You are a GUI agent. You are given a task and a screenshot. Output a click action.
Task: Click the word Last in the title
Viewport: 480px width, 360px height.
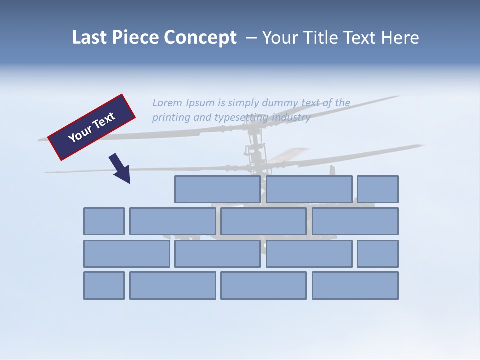(89, 38)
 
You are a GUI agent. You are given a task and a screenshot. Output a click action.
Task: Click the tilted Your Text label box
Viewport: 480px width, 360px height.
(92, 127)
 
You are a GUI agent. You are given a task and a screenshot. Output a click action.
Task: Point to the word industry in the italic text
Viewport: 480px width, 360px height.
(291, 118)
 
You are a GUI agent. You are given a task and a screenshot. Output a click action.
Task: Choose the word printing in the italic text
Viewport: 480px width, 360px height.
(171, 118)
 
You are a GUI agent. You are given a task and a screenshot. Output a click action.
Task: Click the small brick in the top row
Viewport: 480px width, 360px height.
(378, 189)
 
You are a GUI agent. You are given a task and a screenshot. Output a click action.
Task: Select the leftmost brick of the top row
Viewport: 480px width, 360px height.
(217, 189)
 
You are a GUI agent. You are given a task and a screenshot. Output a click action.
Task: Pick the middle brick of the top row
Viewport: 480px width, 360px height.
(309, 189)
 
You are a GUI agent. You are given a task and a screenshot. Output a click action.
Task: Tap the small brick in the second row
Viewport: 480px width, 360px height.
(104, 221)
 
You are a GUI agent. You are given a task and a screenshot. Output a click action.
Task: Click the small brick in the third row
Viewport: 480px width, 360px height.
(378, 254)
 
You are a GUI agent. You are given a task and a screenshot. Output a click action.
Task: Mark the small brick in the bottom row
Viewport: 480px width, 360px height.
(104, 286)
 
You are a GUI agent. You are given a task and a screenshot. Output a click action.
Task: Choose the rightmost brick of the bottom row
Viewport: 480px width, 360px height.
(355, 286)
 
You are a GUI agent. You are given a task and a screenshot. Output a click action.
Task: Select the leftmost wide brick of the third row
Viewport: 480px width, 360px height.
(126, 254)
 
